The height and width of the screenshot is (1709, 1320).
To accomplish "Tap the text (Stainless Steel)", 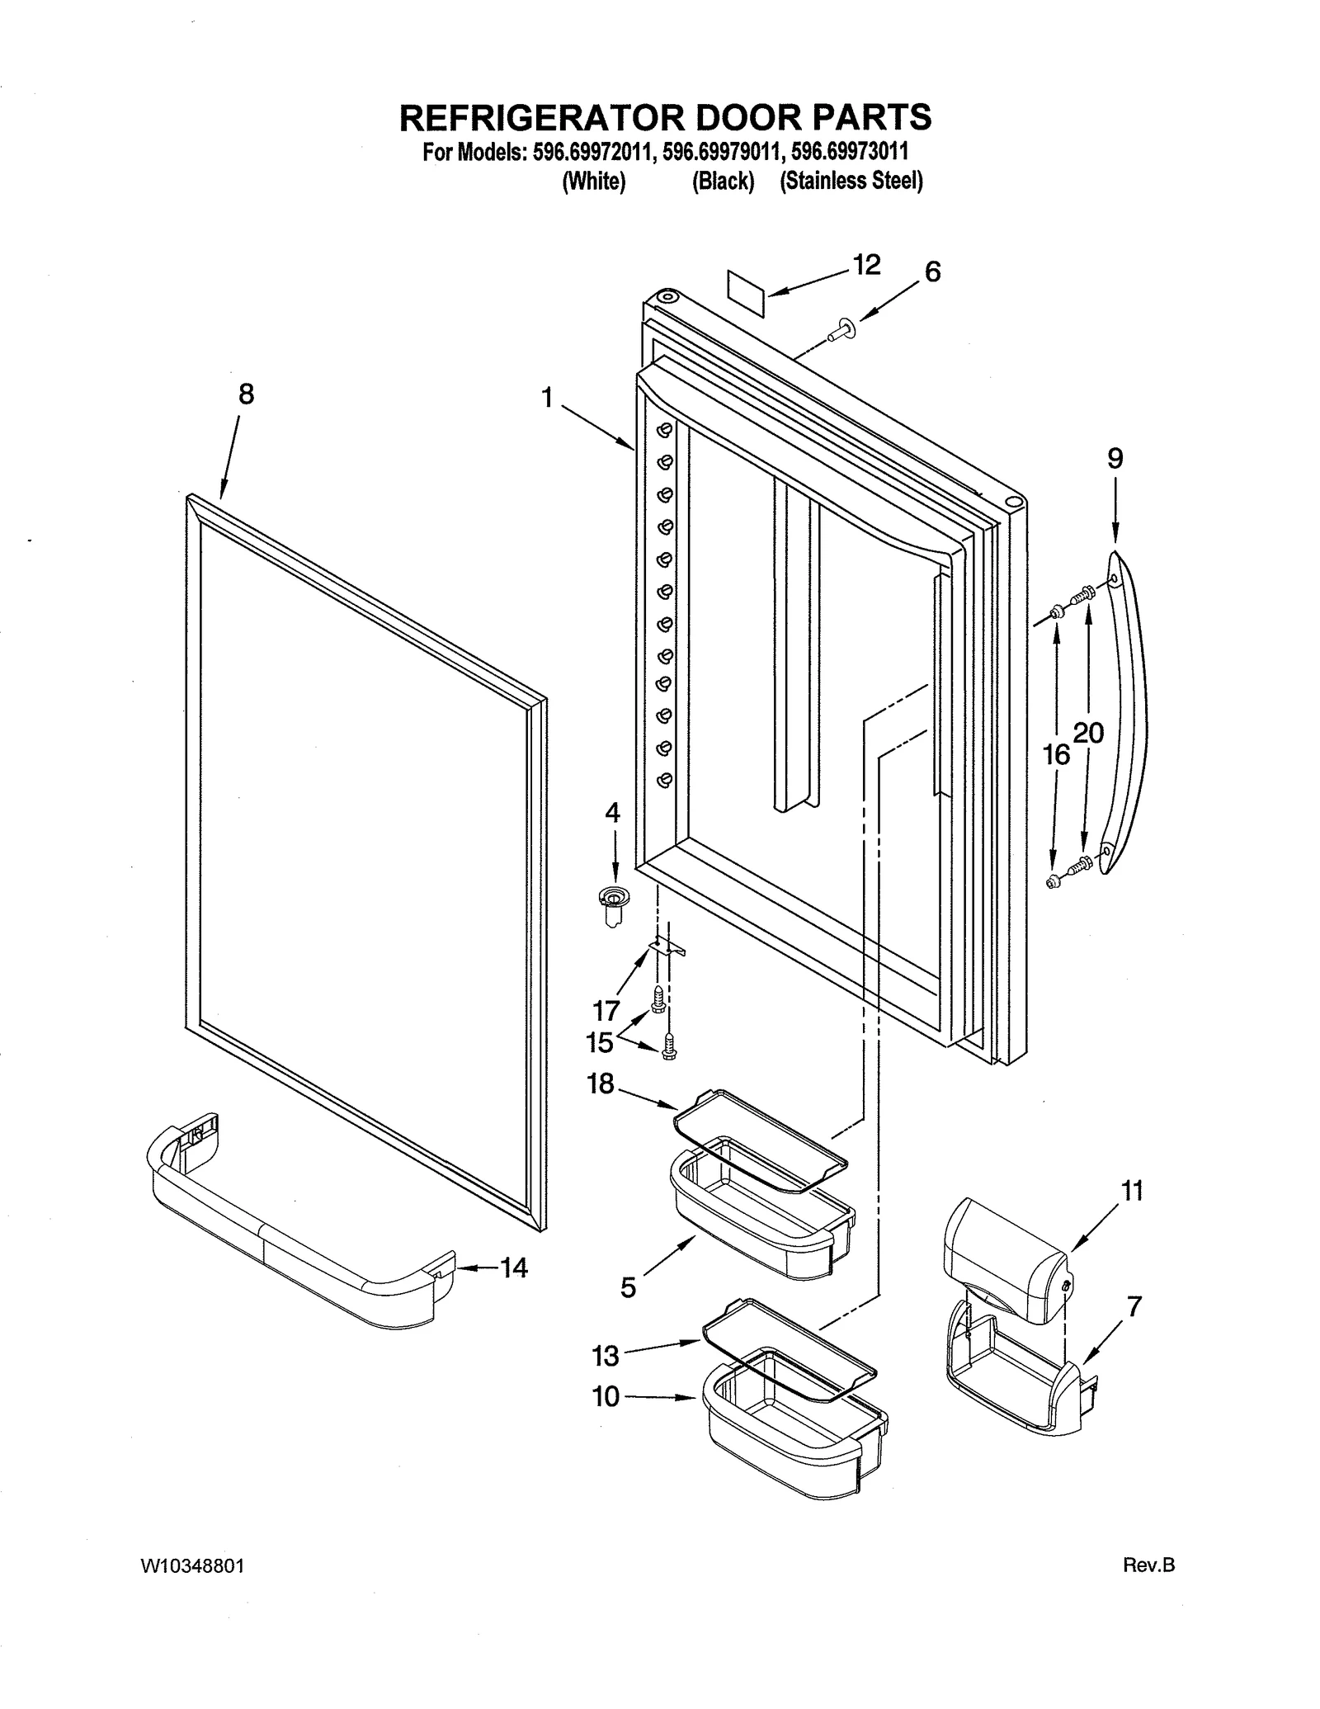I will (x=851, y=182).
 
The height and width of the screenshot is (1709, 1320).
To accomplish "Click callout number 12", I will (x=866, y=265).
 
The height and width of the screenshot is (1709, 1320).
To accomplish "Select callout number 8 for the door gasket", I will (x=246, y=394).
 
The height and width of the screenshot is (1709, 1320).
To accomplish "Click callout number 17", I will (x=606, y=1010).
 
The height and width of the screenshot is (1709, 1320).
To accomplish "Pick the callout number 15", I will (x=600, y=1042).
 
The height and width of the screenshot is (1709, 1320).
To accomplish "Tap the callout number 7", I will (x=1134, y=1306).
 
